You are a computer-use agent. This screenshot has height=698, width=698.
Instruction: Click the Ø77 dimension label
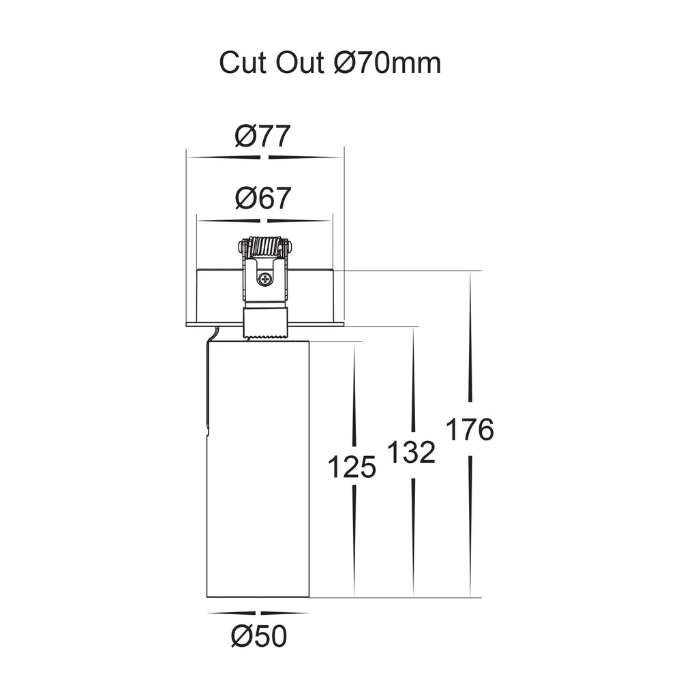(x=262, y=136)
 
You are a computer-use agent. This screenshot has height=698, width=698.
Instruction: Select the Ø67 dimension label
(x=262, y=198)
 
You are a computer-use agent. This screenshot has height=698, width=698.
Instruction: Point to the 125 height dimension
(x=352, y=468)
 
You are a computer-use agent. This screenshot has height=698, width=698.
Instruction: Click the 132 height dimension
(x=412, y=453)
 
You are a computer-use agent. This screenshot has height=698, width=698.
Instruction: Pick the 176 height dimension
(x=470, y=429)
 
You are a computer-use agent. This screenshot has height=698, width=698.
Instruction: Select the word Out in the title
(x=300, y=63)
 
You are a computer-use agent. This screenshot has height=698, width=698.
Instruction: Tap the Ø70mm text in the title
(x=387, y=63)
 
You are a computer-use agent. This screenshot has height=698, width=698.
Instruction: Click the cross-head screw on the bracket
(x=265, y=279)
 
